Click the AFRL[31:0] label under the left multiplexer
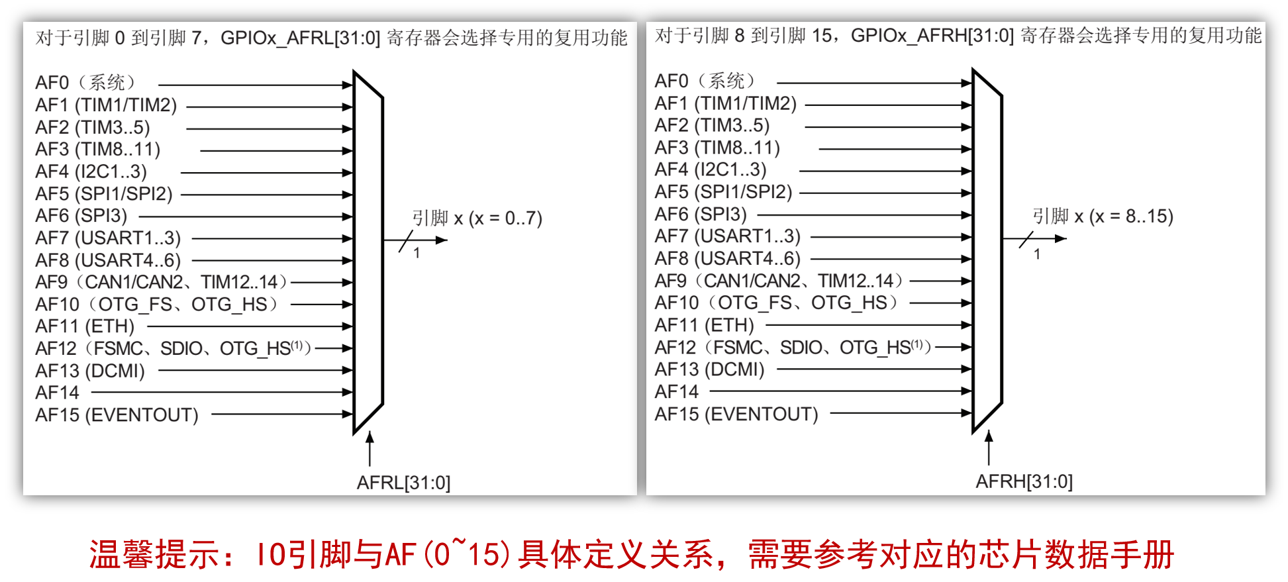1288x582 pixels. click(x=403, y=483)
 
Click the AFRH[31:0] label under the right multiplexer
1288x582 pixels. click(x=1024, y=481)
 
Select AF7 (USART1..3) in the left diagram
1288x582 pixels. click(x=108, y=238)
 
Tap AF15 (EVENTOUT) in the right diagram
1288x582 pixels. click(x=736, y=414)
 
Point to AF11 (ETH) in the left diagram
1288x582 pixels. click(x=85, y=326)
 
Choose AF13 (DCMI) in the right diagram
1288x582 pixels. click(x=709, y=369)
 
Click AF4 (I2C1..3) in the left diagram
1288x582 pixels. click(x=91, y=171)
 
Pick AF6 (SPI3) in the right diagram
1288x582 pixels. click(x=701, y=215)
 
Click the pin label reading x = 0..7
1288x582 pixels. click(x=477, y=218)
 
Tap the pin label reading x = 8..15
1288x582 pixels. click(x=1103, y=216)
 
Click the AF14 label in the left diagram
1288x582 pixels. click(x=58, y=393)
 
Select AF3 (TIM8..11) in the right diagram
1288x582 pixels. click(x=717, y=147)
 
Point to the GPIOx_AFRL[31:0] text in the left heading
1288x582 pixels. click(x=300, y=38)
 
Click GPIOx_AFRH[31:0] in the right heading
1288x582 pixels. click(x=932, y=35)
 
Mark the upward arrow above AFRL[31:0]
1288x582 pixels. click(x=370, y=448)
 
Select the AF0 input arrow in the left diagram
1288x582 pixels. click(x=255, y=85)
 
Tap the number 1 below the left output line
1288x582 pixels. click(x=417, y=253)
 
